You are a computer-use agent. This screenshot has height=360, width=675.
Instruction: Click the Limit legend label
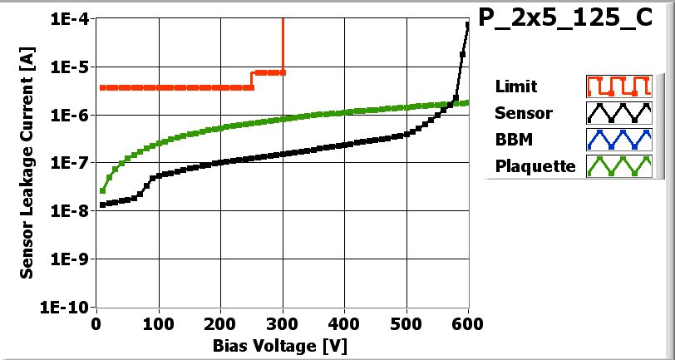pos(515,86)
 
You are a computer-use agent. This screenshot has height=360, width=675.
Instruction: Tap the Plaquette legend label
pos(535,166)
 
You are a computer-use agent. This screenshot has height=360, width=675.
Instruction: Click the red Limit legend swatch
pos(617,86)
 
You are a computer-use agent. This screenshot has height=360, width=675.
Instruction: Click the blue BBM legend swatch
pos(617,139)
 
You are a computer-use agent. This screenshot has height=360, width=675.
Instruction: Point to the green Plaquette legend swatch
pos(617,166)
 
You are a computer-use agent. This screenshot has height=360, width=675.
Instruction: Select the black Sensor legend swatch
pos(617,113)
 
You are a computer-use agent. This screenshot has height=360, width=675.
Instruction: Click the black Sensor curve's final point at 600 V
pos(468,26)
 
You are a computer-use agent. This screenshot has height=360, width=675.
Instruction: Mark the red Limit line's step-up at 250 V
pos(252,80)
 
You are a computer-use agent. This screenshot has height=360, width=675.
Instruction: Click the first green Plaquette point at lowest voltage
pos(102,191)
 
